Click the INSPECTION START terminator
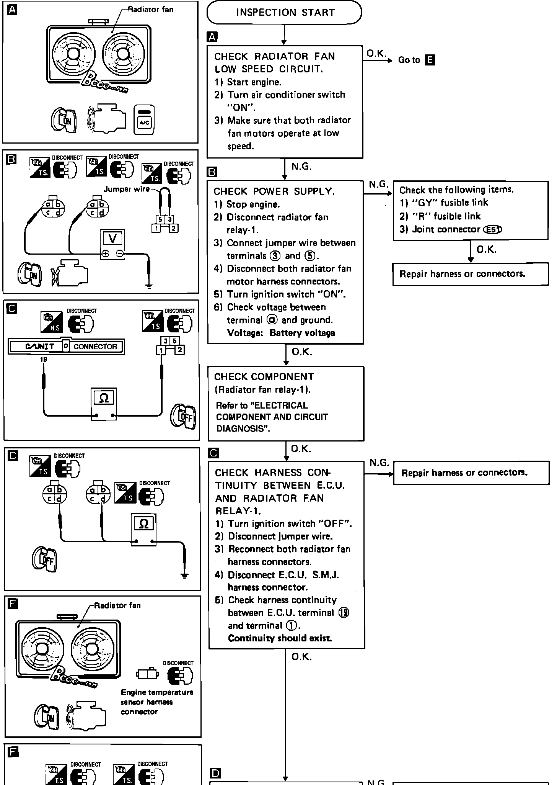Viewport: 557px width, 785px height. click(x=284, y=13)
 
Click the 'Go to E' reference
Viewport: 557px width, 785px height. click(x=416, y=60)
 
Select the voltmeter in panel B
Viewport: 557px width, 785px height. click(x=112, y=244)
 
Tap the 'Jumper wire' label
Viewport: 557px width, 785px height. click(x=126, y=189)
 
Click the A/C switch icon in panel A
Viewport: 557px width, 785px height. click(x=144, y=121)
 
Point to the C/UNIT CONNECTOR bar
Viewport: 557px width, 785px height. click(x=67, y=346)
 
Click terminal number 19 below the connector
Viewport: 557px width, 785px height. click(x=43, y=359)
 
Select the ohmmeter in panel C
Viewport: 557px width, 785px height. click(x=104, y=404)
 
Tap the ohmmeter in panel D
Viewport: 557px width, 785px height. click(x=143, y=530)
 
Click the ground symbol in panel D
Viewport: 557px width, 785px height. click(x=185, y=576)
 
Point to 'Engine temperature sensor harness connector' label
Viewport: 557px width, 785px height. click(x=156, y=702)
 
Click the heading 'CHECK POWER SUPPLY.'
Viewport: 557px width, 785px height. click(x=274, y=191)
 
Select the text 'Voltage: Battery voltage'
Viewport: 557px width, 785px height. click(x=281, y=333)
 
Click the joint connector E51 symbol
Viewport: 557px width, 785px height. click(x=493, y=229)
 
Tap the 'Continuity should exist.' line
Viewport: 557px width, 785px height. click(x=280, y=638)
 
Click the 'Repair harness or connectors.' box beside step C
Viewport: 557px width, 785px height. click(x=471, y=473)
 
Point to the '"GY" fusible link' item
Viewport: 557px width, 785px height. click(x=444, y=203)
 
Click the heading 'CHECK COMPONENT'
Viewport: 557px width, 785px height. click(x=264, y=377)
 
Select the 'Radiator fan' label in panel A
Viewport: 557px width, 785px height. click(x=150, y=10)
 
